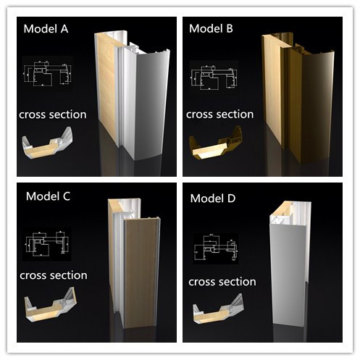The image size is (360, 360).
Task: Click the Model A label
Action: (46, 30)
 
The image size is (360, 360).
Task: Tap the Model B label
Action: (210, 29)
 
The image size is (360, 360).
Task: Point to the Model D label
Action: (214, 198)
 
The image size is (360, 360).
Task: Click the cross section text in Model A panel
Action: (53, 114)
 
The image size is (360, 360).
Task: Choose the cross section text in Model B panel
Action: (219, 114)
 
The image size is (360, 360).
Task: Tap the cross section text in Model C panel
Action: (53, 275)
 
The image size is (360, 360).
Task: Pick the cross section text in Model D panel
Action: (221, 281)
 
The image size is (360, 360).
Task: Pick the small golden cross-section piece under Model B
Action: (216, 147)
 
